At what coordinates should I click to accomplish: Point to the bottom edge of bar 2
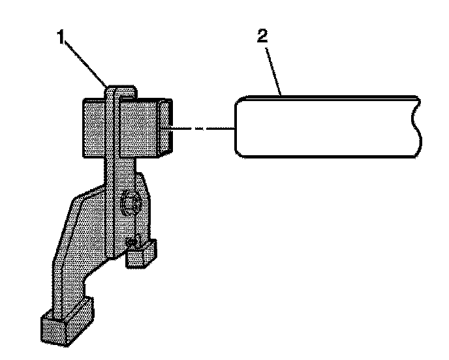coord(326,157)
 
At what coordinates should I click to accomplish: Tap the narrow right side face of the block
coord(168,127)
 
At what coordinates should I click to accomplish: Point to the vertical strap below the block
coord(112,196)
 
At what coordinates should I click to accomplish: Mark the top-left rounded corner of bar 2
coord(240,100)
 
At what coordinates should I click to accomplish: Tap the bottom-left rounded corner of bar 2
coord(240,154)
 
